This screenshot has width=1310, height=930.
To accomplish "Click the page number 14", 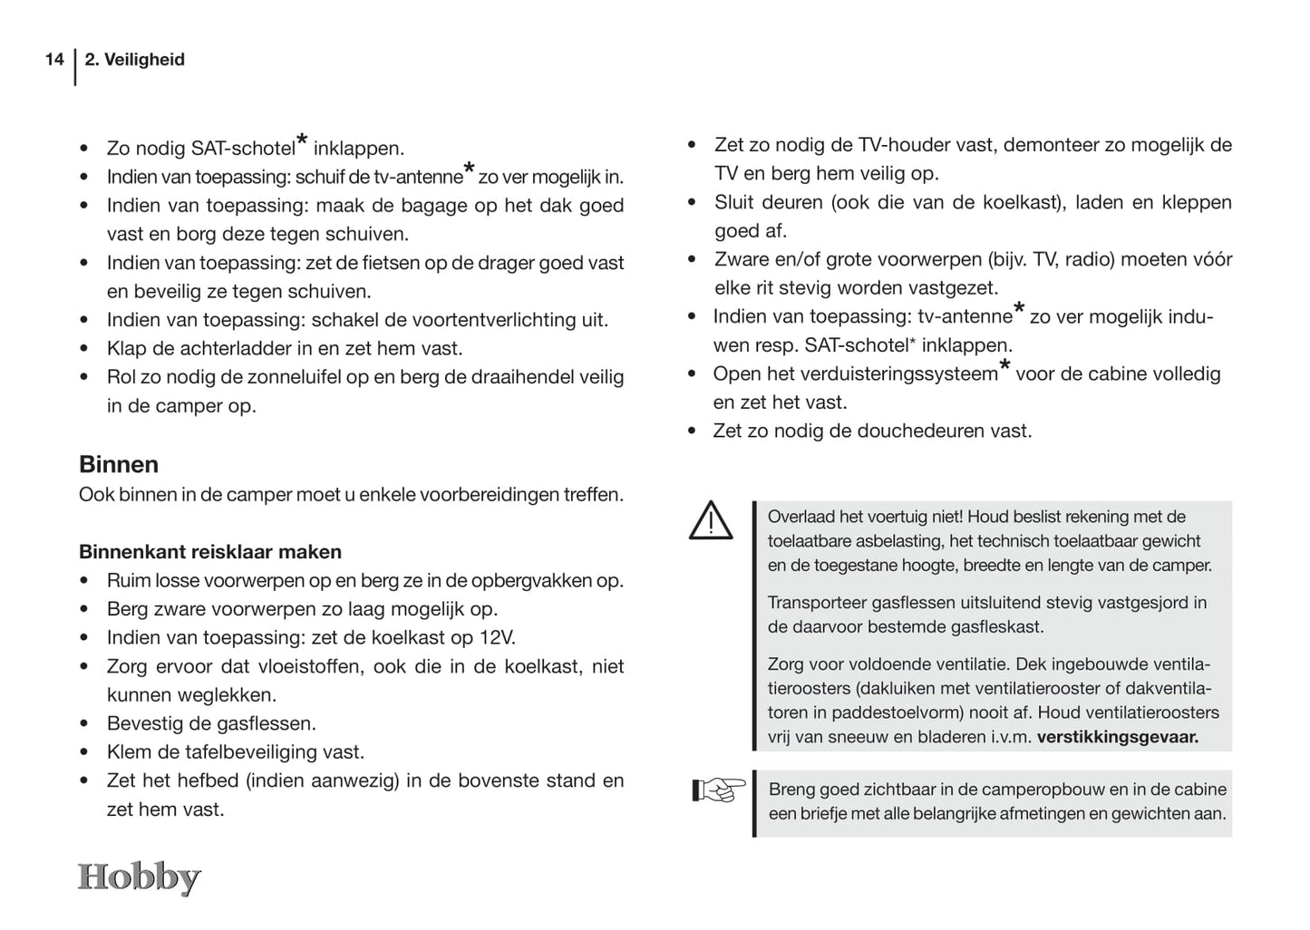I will (54, 60).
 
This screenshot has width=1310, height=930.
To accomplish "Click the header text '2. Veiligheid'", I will (134, 60).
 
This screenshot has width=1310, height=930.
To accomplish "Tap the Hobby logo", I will (139, 877).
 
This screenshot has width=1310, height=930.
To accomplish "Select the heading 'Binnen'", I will (119, 464).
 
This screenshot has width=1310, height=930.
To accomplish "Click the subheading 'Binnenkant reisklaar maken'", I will (210, 552).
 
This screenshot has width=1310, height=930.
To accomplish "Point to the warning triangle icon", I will (711, 521).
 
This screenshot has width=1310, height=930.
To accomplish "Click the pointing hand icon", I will (718, 790).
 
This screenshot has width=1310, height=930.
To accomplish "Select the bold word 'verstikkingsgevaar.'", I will (1117, 737).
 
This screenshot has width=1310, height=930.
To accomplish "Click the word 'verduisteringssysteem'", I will (900, 374).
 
